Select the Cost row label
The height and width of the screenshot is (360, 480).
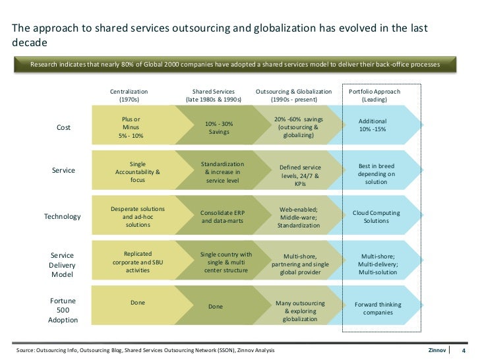coord(64,127)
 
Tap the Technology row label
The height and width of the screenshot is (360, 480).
coord(62,216)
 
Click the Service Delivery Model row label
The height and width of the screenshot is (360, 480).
coord(63,264)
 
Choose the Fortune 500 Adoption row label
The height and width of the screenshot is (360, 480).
coord(63,310)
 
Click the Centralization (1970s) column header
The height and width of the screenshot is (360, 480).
coord(129,95)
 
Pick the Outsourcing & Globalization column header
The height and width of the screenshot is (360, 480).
coord(294,95)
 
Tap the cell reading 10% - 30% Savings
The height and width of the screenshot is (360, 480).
coord(219,128)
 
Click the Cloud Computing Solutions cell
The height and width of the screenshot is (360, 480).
coord(376,217)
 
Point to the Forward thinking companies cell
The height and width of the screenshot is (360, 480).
coord(378,308)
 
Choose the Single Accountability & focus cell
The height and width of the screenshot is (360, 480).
coord(138,171)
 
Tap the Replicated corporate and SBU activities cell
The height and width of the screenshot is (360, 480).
coord(138,261)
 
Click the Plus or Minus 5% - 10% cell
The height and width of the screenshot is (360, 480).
coord(131,127)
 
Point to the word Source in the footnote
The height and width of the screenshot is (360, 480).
coord(25,349)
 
